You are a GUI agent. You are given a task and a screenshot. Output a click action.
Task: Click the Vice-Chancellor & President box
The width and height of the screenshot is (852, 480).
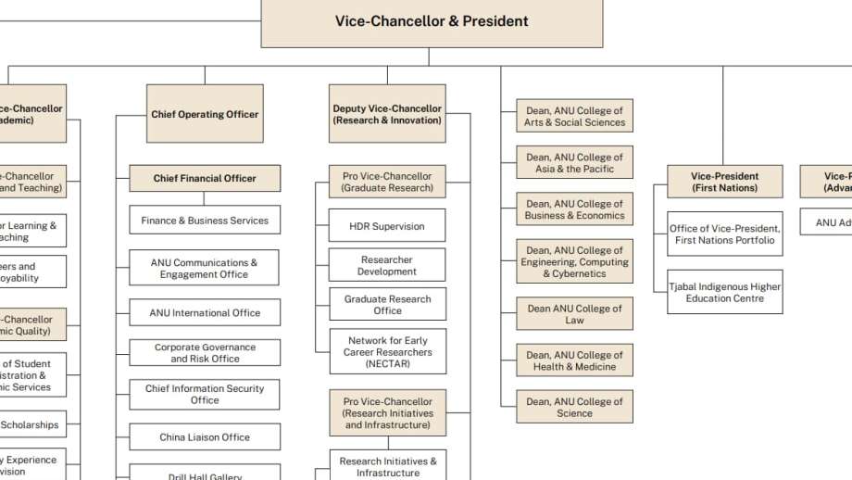pos(432,21)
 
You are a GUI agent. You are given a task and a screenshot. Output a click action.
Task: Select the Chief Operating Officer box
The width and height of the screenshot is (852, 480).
pos(205,114)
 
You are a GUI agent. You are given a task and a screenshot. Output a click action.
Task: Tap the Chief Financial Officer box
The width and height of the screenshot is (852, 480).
pos(205,178)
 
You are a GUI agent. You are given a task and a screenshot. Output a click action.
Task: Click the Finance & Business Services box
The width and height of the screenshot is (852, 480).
pos(205,221)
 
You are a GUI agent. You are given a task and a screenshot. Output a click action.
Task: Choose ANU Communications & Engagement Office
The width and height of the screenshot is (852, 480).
pos(205,269)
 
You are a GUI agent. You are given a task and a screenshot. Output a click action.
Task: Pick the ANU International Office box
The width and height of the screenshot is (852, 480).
pos(205,313)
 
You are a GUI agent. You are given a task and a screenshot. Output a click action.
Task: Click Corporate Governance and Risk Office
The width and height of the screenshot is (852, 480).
pos(205,353)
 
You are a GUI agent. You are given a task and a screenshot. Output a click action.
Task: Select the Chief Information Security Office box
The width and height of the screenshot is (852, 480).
pos(205,394)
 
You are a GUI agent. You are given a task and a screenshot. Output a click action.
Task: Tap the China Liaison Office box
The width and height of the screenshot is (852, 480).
pos(205,437)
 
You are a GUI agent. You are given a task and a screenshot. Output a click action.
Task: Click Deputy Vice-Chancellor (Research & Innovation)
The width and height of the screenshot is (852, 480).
pos(387,114)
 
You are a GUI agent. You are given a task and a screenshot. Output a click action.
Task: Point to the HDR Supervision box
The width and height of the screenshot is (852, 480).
pos(387,226)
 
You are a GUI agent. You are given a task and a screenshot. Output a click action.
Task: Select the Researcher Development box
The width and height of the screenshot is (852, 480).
pos(387,266)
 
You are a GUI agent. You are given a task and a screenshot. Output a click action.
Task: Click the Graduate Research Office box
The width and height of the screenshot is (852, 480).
pos(387,305)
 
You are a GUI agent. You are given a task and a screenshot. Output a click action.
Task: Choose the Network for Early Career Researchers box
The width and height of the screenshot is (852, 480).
pos(387,352)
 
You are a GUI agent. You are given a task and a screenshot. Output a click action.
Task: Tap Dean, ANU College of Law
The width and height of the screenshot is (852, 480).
pos(574,314)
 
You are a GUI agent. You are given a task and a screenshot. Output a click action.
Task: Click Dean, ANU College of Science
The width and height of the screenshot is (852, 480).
pos(574,407)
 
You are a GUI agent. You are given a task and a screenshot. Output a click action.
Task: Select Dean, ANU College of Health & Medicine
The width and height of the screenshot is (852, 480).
pos(574,360)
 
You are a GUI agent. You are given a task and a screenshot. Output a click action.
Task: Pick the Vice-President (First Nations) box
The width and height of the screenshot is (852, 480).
pos(724,182)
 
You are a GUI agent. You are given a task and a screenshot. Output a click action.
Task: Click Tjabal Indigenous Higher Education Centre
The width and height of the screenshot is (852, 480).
pos(724,292)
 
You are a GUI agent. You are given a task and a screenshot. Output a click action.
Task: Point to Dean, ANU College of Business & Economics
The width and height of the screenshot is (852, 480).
pos(574,209)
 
